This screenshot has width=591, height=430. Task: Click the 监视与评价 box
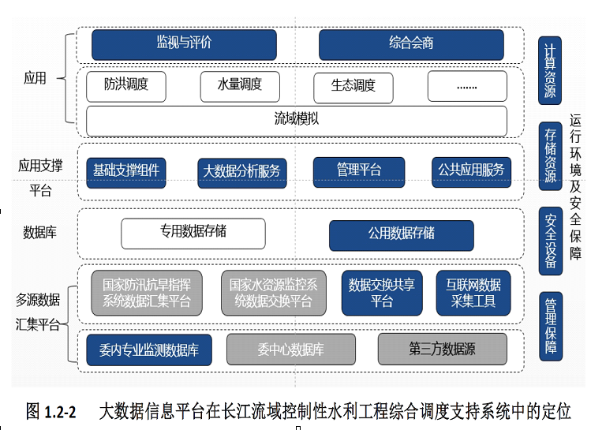pyautogui.click(x=184, y=44)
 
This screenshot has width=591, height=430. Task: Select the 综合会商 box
pyautogui.click(x=411, y=44)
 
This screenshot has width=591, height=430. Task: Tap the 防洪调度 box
pyautogui.click(x=126, y=86)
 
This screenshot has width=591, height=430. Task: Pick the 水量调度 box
pyautogui.click(x=241, y=86)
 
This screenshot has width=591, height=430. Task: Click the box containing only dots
pyautogui.click(x=467, y=87)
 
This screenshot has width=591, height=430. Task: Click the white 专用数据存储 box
pyautogui.click(x=193, y=234)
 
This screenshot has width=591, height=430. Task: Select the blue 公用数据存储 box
pyautogui.click(x=401, y=235)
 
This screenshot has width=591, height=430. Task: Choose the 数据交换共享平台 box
pyautogui.click(x=382, y=293)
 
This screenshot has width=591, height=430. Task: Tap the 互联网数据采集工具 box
pyautogui.click(x=473, y=293)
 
